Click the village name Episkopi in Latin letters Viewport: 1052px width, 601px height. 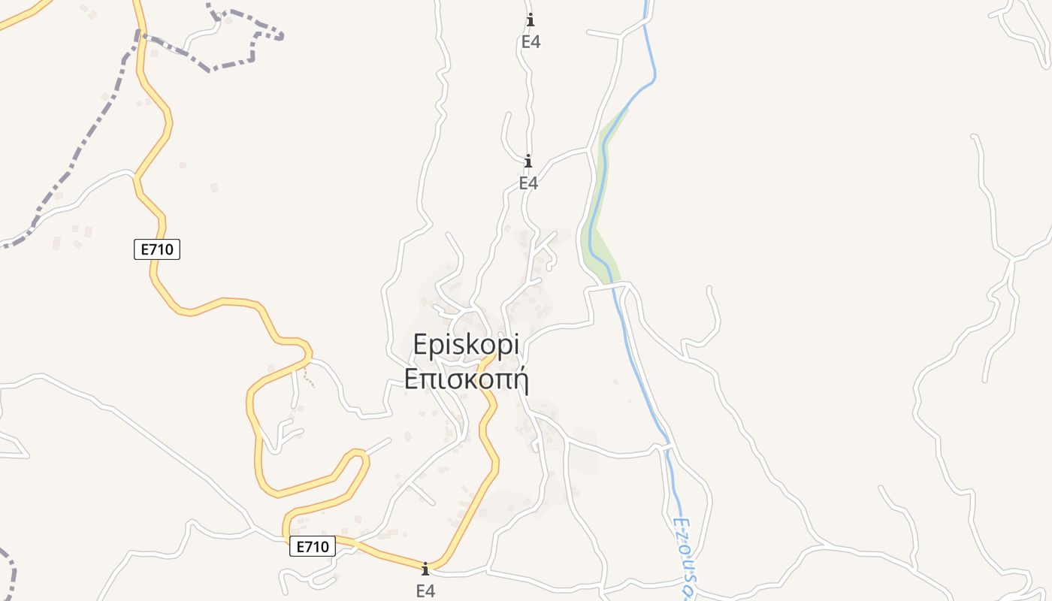click(466, 345)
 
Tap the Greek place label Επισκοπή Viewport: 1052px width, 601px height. click(466, 379)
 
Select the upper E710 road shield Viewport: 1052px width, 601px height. click(157, 249)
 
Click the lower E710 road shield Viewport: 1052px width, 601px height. click(313, 547)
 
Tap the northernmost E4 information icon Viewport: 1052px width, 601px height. click(531, 20)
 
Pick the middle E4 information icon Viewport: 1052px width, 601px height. click(528, 161)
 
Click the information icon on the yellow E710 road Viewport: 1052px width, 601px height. click(425, 569)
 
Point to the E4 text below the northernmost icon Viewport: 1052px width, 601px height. click(531, 42)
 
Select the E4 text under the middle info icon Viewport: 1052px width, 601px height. click(528, 183)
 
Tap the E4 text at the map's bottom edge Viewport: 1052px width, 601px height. click(425, 590)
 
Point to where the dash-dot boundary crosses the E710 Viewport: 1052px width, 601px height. click(138, 33)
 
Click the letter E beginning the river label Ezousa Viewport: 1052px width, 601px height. click(679, 522)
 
